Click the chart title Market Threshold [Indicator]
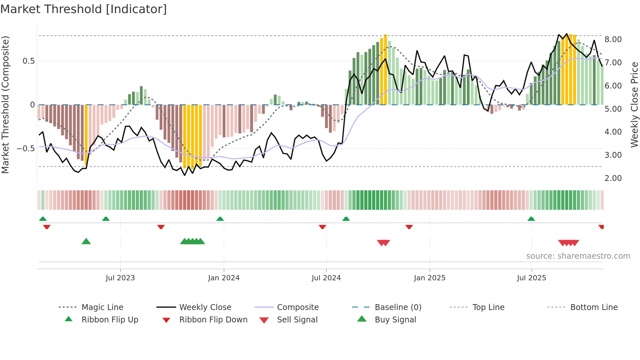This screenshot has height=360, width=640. click(x=84, y=9)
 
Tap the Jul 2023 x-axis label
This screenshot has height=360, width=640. click(x=120, y=278)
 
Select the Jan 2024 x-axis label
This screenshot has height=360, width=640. click(x=224, y=278)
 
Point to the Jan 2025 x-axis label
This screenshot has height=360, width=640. click(x=429, y=278)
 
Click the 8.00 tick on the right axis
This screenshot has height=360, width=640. click(x=613, y=40)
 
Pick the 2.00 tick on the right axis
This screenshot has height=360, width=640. click(x=613, y=178)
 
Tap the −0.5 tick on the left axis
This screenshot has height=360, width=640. click(x=25, y=149)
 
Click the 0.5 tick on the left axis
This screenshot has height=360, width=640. click(x=28, y=61)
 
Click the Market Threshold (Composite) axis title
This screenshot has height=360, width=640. click(x=5, y=105)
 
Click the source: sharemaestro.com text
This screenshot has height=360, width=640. click(x=578, y=256)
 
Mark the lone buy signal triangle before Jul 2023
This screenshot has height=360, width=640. click(x=86, y=241)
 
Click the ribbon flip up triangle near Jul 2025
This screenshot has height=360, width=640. click(x=531, y=219)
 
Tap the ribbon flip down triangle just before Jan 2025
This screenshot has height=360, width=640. click(x=409, y=227)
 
